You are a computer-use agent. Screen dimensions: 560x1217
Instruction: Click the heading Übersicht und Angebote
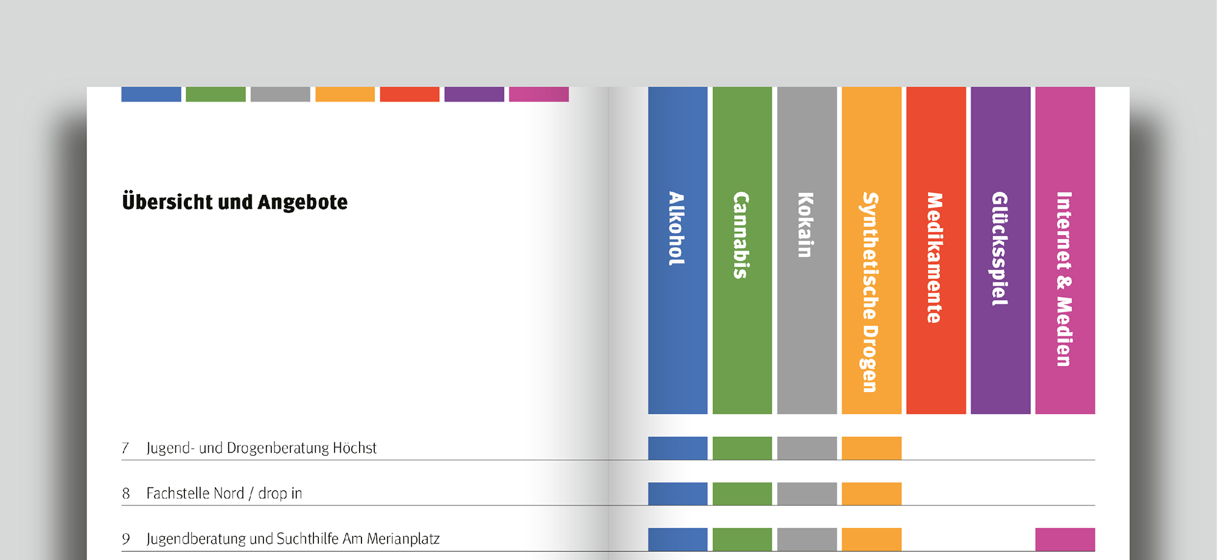tap(235, 202)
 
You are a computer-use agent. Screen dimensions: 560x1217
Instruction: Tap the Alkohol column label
tap(677, 229)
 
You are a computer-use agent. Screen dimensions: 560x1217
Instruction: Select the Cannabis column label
tap(741, 235)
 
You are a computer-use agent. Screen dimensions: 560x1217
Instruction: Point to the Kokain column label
tap(806, 225)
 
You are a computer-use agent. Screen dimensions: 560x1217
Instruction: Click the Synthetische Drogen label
tap(871, 292)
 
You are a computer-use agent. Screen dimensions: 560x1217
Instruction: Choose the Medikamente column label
tap(935, 257)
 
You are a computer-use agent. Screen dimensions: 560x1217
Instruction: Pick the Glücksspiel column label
tap(1000, 248)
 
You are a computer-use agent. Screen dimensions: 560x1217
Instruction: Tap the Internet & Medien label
tap(1064, 279)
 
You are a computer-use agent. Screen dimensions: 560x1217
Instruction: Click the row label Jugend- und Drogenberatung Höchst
tap(262, 449)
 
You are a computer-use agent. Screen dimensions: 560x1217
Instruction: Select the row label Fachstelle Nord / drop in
tap(224, 494)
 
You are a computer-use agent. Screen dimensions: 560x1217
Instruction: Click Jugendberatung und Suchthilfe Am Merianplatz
tap(293, 539)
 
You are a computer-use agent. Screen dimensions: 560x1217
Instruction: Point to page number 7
tap(125, 449)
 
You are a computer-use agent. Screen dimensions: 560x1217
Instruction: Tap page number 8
tap(126, 494)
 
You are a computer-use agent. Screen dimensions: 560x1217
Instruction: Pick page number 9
tap(126, 539)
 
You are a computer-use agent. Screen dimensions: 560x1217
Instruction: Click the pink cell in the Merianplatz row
tap(1065, 539)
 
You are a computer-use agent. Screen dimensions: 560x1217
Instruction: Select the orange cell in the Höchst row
tap(871, 448)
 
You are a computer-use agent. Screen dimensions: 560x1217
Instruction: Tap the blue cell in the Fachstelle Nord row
tap(677, 494)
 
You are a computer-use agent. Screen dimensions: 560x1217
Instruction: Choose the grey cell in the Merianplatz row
tap(807, 539)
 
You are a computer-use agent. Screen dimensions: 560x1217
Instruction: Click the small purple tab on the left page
tap(474, 94)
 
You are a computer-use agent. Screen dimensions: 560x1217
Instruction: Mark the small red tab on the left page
tap(410, 94)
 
